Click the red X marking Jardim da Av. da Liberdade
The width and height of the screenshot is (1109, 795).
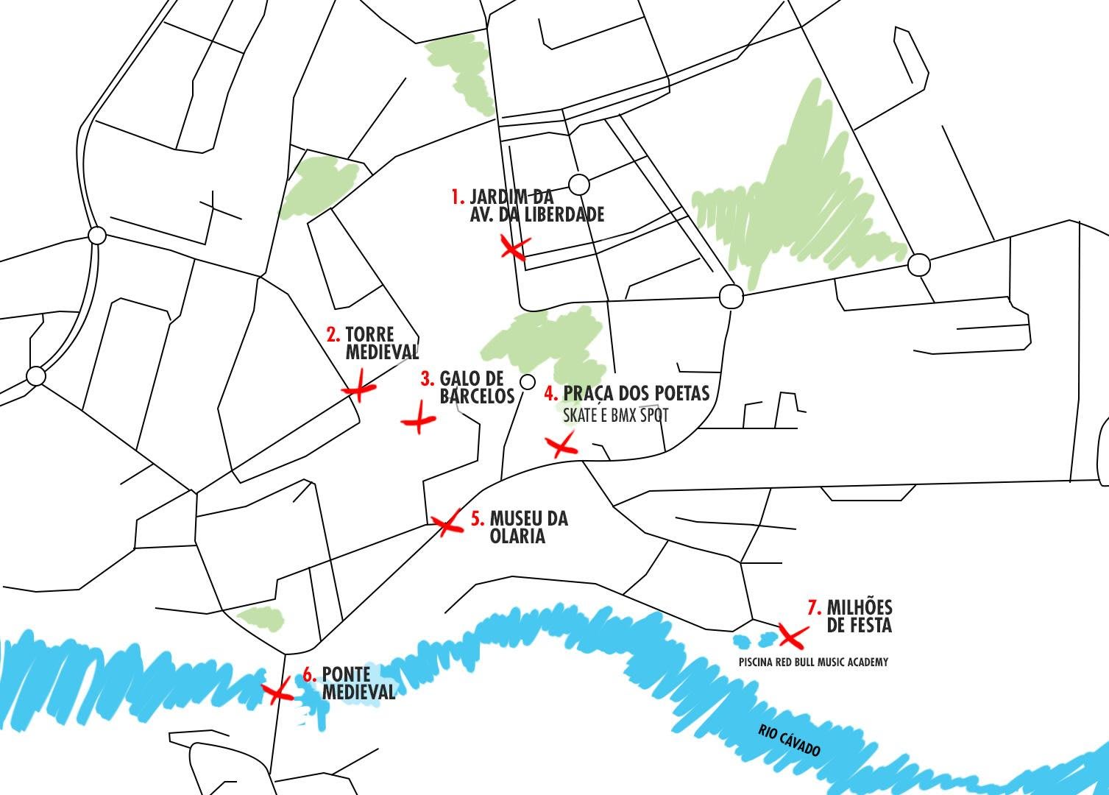514,248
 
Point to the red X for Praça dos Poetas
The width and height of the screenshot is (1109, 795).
561,445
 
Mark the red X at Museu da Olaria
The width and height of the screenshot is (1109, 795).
447,525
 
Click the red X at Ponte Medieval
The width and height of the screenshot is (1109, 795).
277,691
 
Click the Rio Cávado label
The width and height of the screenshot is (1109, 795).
789,740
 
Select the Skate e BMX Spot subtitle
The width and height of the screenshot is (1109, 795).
616,415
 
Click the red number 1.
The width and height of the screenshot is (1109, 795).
458,197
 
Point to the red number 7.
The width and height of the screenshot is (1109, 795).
814,608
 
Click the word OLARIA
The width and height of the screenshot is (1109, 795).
517,537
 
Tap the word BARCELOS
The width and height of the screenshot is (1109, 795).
477,396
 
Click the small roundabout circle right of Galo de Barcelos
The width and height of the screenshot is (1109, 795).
527,381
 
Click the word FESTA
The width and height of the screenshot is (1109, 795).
868,626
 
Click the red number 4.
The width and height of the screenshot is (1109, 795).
550,393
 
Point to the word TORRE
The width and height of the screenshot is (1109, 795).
369,335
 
